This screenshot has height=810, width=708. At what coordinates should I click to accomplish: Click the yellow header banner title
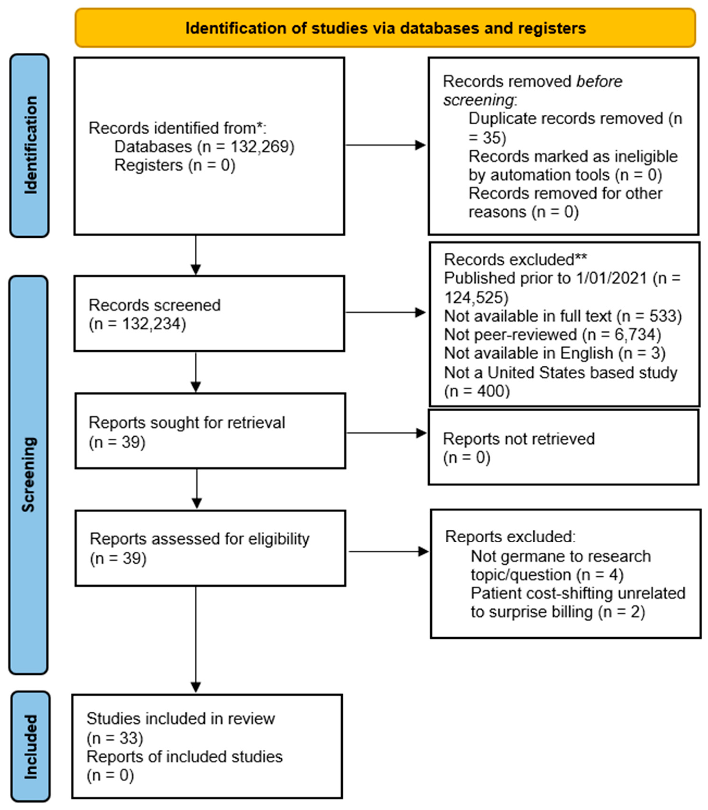click(x=386, y=28)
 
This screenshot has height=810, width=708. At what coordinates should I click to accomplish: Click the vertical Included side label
click(x=30, y=747)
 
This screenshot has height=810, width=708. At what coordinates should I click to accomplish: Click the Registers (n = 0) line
click(x=175, y=165)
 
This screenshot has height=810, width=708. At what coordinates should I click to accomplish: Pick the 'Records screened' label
click(x=154, y=305)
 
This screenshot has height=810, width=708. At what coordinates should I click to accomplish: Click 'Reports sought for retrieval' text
click(x=187, y=422)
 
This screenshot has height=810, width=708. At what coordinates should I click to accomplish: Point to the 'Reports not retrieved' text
click(x=518, y=439)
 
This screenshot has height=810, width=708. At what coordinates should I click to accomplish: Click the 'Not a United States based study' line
click(x=560, y=373)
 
